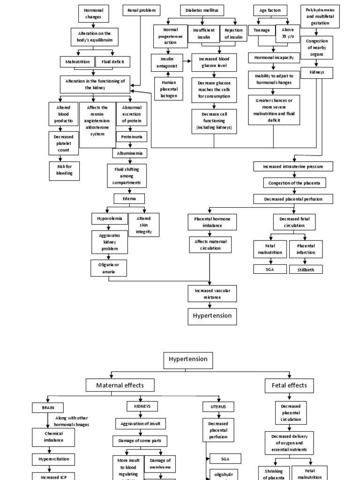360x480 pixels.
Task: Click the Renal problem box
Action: pos(141,10)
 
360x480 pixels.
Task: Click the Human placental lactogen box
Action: pos(168,89)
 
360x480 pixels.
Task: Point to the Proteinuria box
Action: pos(132,136)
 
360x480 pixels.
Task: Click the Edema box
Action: pos(129,198)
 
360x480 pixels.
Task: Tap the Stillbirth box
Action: pos(306,270)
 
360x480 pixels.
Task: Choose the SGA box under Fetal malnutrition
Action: pos(270,269)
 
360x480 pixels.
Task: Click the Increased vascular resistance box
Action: pos(213,294)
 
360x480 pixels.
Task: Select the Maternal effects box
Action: pos(120,385)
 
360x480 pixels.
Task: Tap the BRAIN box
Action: pos(48,408)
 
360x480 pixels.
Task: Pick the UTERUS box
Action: pos(218,406)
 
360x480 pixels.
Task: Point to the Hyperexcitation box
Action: pos(53,459)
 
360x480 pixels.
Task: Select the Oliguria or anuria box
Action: pos(109,268)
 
